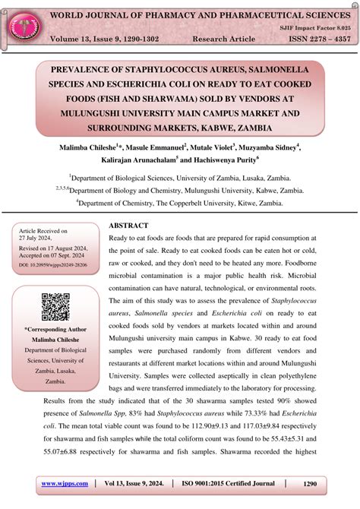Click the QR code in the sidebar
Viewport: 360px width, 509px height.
56,306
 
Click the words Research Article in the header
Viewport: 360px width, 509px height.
225,38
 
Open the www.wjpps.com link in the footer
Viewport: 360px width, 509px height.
65,483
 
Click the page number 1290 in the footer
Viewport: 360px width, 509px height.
309,483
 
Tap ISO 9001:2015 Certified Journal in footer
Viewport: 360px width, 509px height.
227,483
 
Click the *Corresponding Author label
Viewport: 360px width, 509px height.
55,330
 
